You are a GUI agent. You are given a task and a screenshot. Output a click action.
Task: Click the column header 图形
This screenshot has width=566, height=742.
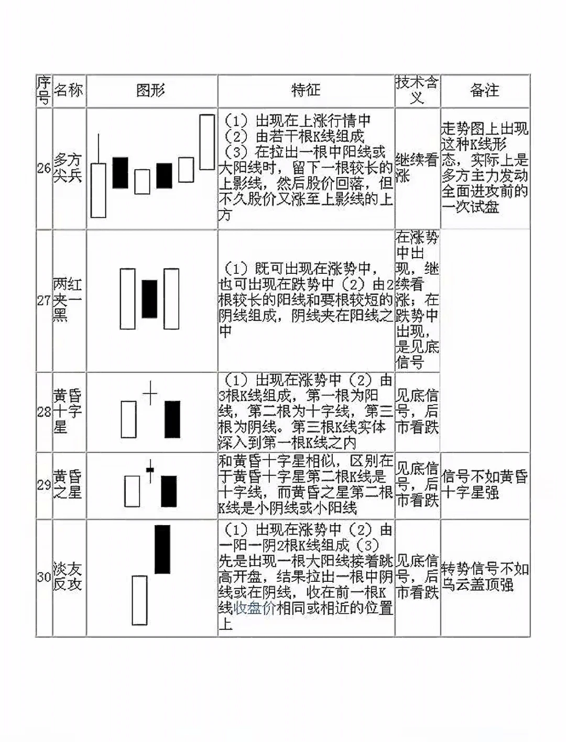(151, 91)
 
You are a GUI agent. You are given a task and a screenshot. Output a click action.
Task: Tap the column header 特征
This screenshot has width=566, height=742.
(306, 91)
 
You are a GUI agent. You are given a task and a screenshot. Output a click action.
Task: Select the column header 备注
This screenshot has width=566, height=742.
(484, 91)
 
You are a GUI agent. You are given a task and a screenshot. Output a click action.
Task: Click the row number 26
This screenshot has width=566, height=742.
(44, 168)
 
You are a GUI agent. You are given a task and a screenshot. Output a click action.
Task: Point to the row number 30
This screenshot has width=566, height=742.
(44, 577)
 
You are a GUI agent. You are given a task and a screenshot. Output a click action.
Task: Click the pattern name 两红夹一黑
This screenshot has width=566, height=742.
(68, 300)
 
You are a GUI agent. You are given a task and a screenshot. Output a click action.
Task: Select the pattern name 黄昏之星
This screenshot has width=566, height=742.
(68, 484)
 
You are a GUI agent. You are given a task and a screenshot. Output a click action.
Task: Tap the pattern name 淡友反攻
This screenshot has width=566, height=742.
(68, 577)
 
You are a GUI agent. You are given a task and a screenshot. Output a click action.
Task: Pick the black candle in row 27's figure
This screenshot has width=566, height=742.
(149, 298)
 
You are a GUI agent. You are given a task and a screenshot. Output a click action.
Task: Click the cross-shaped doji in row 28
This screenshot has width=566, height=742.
(150, 392)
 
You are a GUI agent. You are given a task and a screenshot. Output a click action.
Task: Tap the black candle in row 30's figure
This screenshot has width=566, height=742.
(162, 549)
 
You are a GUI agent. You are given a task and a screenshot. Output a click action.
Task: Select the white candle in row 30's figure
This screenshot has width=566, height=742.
(139, 600)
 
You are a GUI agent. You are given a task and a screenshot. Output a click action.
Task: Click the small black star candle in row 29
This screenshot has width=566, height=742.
(150, 469)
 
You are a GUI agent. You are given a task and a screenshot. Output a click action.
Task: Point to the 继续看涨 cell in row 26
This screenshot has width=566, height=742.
(417, 167)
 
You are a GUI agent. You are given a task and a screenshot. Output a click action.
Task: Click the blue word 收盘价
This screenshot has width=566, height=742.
(255, 608)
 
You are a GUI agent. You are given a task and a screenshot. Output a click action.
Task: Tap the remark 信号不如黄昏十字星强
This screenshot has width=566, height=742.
(484, 484)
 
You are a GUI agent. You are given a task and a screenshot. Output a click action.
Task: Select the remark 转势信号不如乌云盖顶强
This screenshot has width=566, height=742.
(484, 577)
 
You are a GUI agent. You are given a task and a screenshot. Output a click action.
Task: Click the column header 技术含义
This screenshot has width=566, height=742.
(417, 90)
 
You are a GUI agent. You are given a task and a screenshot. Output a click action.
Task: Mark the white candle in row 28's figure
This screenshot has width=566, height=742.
(128, 419)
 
